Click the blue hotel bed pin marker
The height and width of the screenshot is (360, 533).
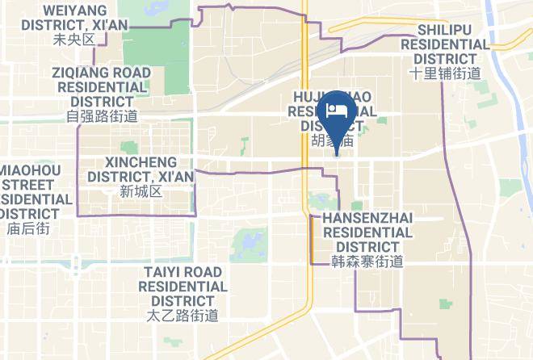(x=335, y=115)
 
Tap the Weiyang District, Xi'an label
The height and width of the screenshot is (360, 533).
(x=73, y=17)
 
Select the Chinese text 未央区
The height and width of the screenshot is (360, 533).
(x=73, y=39)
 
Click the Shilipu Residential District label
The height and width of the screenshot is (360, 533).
(x=452, y=44)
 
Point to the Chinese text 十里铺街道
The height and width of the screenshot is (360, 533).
(x=445, y=73)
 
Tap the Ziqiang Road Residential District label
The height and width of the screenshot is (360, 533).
(x=102, y=86)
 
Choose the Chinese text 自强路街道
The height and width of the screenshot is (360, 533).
(x=102, y=115)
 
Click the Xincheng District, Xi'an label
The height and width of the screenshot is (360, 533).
(x=140, y=169)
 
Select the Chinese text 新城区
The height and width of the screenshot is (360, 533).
(x=141, y=191)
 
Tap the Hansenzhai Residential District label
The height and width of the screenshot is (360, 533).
(x=367, y=232)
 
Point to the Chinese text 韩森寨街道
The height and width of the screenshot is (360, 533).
(x=367, y=261)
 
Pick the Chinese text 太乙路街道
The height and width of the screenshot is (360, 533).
(x=183, y=315)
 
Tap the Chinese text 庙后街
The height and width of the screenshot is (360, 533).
(x=28, y=228)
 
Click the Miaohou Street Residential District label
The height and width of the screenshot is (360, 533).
(x=30, y=191)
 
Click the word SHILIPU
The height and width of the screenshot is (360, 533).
(x=452, y=30)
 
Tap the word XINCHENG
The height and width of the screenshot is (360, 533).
(x=140, y=161)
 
